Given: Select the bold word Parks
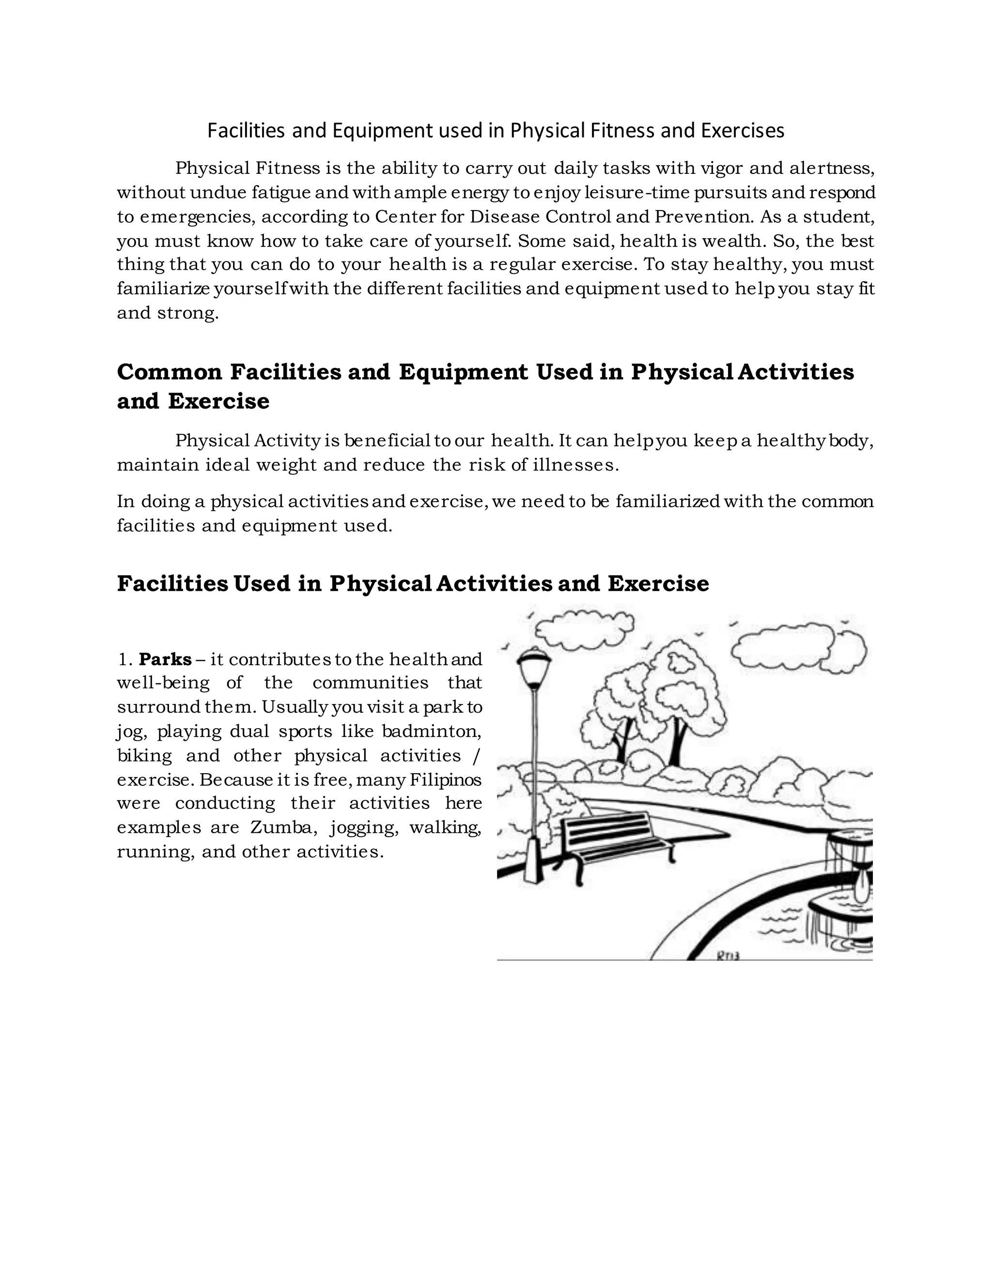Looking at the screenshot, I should tap(165, 659).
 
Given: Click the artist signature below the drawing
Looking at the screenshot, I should tap(728, 956).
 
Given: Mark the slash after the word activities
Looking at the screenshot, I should tap(476, 755).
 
